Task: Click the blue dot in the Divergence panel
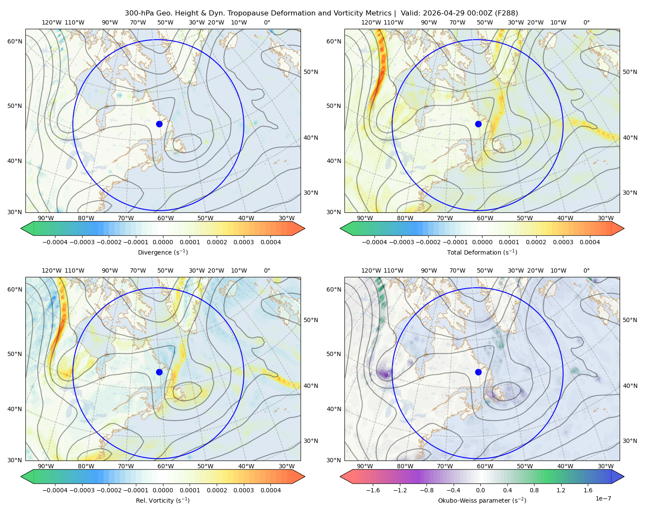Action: click(x=159, y=124)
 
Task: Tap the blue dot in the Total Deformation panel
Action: click(x=478, y=124)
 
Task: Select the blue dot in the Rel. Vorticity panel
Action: click(x=159, y=372)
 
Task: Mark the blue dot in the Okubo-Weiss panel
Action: click(x=478, y=372)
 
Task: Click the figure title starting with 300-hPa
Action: click(x=321, y=13)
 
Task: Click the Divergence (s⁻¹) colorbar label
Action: click(x=163, y=252)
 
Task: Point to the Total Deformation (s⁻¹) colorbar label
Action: click(x=482, y=252)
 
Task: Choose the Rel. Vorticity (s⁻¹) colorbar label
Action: click(x=163, y=500)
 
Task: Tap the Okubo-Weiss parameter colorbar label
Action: click(x=482, y=500)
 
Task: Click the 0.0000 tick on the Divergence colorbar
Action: click(x=163, y=242)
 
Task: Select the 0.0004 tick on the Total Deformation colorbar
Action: click(x=590, y=242)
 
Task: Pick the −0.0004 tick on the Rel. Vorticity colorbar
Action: click(x=55, y=490)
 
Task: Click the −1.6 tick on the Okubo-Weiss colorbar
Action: click(x=373, y=490)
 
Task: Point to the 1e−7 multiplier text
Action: click(x=603, y=498)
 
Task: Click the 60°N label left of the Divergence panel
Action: click(x=15, y=41)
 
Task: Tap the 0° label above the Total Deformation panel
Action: click(x=586, y=22)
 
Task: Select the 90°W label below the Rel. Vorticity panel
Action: click(x=46, y=466)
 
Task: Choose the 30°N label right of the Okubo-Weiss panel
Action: click(x=630, y=441)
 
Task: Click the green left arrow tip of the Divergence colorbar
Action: click(x=21, y=228)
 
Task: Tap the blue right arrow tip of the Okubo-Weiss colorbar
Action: click(x=624, y=476)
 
